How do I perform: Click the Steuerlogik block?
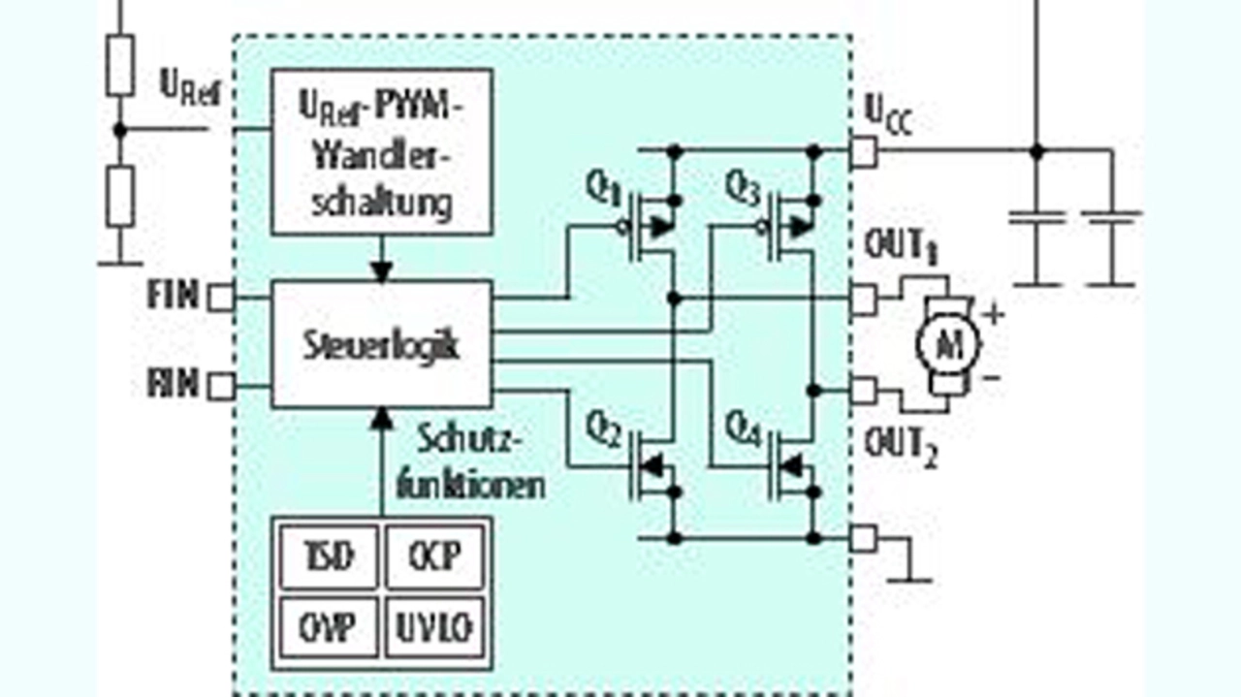pos(381,345)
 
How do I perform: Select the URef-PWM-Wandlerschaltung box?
pos(381,151)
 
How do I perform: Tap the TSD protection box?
pos(328,555)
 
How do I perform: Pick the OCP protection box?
pos(434,555)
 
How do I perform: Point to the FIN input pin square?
pos(221,298)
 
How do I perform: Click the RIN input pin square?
pos(221,386)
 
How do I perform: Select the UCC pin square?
pos(863,151)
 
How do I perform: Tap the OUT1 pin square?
pos(863,299)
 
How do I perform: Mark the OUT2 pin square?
pos(863,391)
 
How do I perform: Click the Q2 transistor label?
pos(602,427)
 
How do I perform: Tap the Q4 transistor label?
pos(745,427)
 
